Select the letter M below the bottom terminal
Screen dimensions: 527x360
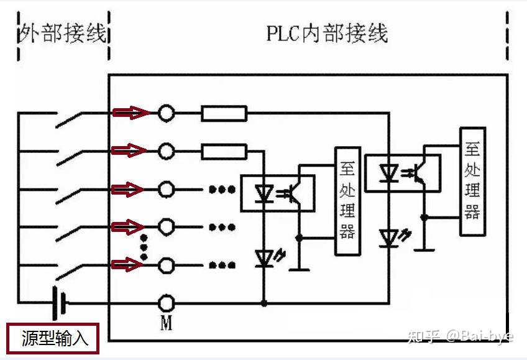(167, 323)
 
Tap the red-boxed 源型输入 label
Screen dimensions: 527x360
(53, 338)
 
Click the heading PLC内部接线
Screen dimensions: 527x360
(327, 33)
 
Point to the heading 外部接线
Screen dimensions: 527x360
(63, 33)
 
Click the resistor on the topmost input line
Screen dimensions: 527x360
(224, 113)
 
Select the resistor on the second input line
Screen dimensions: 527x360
(224, 152)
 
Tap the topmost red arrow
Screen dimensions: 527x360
(131, 113)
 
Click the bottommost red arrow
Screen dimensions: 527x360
(127, 264)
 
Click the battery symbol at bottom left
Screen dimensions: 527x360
(60, 303)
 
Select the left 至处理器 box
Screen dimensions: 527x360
(347, 201)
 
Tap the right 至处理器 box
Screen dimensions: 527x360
(472, 181)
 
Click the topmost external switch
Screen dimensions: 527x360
(69, 119)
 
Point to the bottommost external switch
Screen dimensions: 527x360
(69, 272)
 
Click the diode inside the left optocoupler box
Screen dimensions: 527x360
(264, 193)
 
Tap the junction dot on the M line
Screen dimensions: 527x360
(264, 303)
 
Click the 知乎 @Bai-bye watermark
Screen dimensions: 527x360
(461, 336)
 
